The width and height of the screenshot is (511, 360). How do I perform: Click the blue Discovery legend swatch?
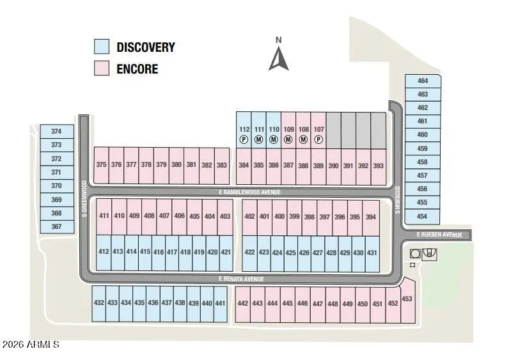coord(101,47)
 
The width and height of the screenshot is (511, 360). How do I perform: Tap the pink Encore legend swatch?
coord(101,68)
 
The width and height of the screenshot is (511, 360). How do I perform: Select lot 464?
coord(422,81)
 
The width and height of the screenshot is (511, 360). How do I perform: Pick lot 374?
coord(56,131)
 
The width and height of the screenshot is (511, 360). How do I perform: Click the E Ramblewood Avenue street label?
coord(249,192)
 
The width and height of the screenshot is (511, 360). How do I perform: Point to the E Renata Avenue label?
coord(240,279)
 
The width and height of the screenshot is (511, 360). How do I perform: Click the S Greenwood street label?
coord(84,199)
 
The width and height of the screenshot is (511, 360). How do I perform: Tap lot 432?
coord(98,303)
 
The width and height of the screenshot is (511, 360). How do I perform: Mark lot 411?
coord(104,216)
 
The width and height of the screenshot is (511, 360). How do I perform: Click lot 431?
coord(372,252)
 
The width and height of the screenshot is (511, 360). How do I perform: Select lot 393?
coord(378,165)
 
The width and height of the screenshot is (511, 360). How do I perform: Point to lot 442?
coord(242,303)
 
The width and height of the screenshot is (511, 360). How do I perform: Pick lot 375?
coord(101,164)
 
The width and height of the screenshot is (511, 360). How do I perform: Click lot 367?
coord(56,226)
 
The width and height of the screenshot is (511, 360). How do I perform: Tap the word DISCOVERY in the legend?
coord(145,47)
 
